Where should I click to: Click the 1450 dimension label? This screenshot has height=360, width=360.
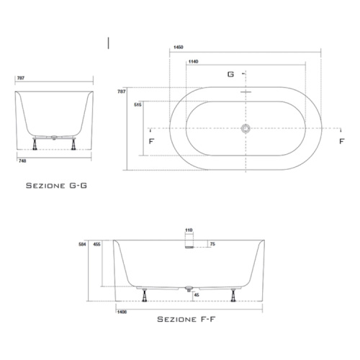pos(179,48)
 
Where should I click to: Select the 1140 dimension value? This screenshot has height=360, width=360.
pos(193,62)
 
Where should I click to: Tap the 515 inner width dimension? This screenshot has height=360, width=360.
pos(138,105)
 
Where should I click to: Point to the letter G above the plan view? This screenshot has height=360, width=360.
pos(230,74)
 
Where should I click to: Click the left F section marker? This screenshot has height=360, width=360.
pos(151,141)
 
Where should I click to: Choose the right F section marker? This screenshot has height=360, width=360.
pos(342,141)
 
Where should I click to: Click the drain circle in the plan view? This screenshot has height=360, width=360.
pos(246,128)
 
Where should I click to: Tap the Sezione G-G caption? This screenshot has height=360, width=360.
pos(56,186)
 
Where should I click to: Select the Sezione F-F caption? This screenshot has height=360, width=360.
pos(186,319)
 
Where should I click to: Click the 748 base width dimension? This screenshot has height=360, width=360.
pos(22,161)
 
